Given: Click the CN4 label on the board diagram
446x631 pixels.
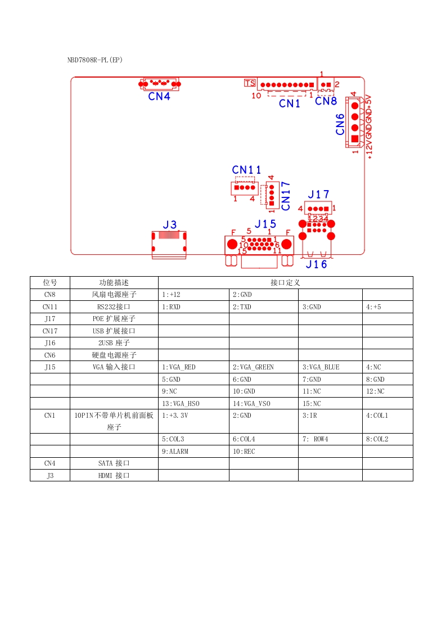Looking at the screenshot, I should point(159,96).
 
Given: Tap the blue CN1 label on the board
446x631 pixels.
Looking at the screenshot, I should point(290,103).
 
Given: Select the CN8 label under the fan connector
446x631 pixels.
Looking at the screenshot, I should point(326,101).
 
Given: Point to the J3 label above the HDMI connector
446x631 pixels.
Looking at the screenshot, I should point(169,225).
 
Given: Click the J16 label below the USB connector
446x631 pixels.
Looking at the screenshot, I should point(316,264).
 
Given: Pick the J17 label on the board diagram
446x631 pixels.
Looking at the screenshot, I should point(318,195).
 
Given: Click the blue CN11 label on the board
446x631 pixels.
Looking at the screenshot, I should point(246,170).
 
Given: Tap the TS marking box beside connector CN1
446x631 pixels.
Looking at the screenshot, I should point(250,83).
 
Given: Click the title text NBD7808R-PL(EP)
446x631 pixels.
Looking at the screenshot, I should point(95,60).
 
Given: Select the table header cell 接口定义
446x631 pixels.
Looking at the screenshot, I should point(285,282).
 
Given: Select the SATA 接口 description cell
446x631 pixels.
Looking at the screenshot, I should point(114,463).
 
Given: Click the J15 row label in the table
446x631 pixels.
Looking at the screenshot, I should point(49,367).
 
